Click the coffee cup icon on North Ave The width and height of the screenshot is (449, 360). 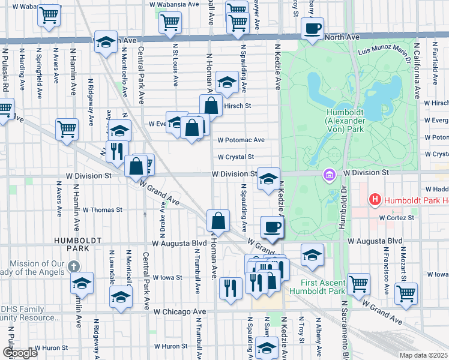pos(312,28)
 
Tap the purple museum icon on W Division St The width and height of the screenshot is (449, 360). pos(329,175)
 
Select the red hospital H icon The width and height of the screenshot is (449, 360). pos(375,200)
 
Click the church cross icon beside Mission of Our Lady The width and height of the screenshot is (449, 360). pos(73,266)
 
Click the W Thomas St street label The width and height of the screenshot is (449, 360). pos(102,210)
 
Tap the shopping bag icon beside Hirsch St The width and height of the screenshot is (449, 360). pos(211,106)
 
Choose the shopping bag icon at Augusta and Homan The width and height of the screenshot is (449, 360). pos(218,220)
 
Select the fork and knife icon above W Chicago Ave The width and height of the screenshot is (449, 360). pos(230,287)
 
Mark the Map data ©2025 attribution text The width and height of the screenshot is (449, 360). pos(424,355)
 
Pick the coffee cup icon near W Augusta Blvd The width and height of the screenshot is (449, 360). pos(273,227)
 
